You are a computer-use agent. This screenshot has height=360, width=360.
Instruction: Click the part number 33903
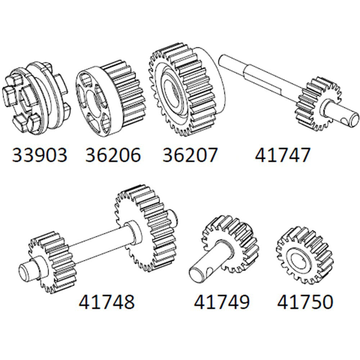40,155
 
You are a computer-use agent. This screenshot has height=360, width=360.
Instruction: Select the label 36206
113,155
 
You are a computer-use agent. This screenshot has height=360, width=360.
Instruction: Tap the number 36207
190,155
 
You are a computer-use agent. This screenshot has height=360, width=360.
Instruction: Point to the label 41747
282,155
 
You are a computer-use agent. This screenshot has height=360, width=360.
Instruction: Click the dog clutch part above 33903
38,99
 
